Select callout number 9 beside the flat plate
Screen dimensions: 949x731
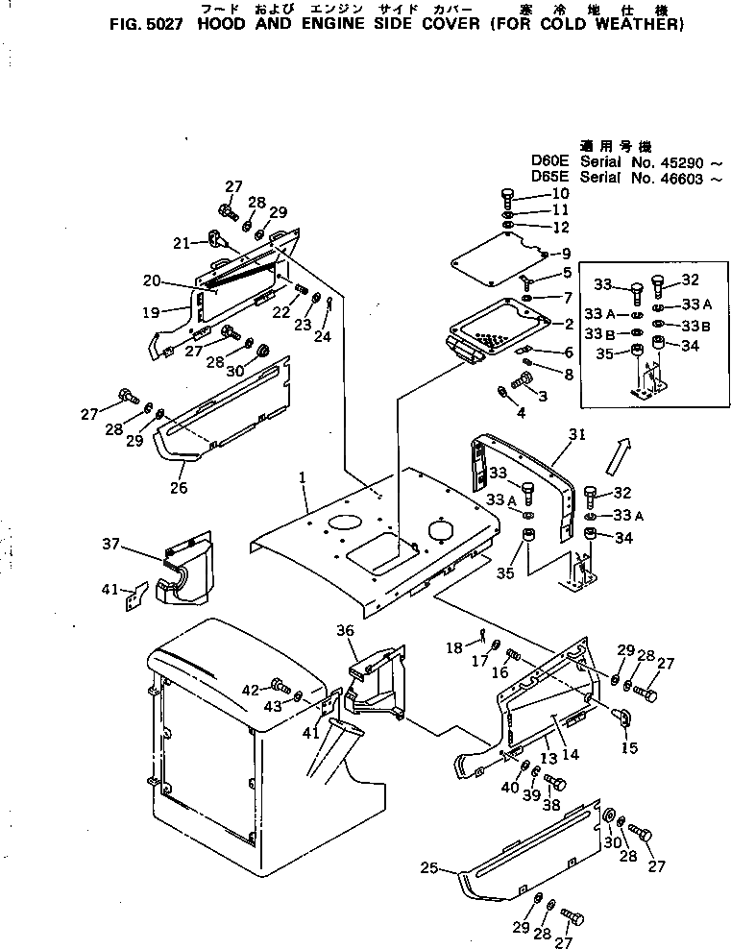[x=566, y=254]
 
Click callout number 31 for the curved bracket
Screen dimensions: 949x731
[x=576, y=434]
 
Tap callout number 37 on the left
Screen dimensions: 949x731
[x=112, y=544]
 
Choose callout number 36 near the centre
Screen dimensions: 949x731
[x=346, y=630]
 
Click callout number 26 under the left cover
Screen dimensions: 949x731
[x=177, y=488]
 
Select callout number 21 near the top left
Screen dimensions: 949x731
[x=181, y=243]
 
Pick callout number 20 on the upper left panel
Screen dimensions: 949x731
[x=150, y=280]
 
